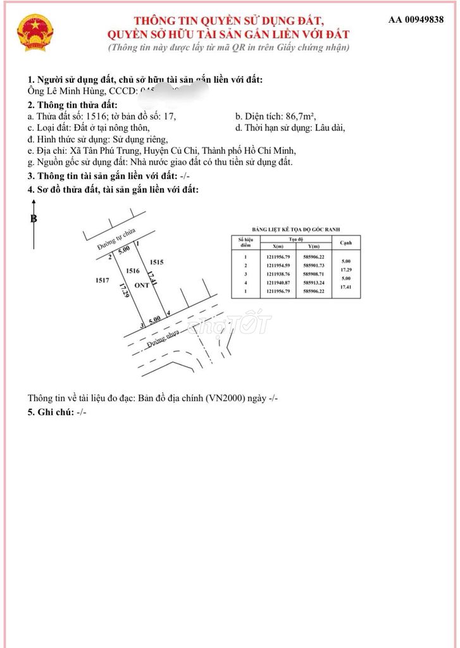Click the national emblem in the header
pyautogui.click(x=35, y=34)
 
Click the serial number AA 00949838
pyautogui.click(x=416, y=20)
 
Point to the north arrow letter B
pyautogui.click(x=34, y=219)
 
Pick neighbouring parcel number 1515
pyautogui.click(x=157, y=261)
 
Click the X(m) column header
pyautogui.click(x=278, y=246)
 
